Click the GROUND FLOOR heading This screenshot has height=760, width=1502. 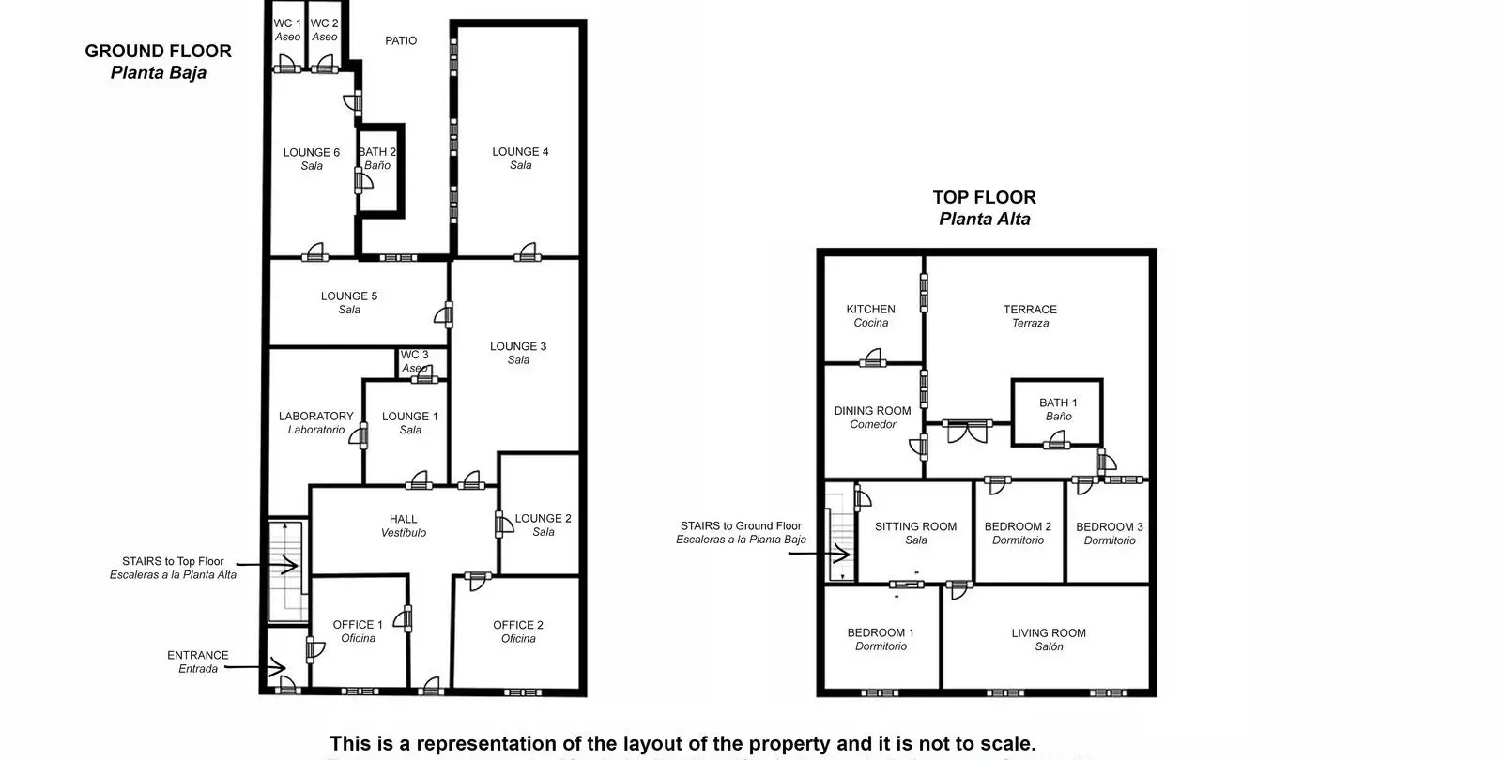[x=159, y=52]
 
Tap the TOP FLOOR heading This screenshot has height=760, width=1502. [x=985, y=198]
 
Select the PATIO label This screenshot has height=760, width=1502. [x=401, y=41]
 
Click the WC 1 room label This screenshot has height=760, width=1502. [x=287, y=23]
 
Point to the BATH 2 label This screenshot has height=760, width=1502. [x=377, y=152]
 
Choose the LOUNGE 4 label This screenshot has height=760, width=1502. [x=520, y=152]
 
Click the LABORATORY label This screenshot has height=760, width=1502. [x=315, y=417]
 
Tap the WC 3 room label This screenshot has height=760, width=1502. [x=414, y=355]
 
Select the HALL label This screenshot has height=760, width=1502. [x=403, y=520]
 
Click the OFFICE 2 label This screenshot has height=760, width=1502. [x=518, y=625]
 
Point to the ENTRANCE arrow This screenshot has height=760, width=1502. [x=255, y=667]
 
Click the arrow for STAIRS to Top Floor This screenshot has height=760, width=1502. [x=267, y=565]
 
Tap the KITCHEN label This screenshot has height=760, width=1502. [x=870, y=310]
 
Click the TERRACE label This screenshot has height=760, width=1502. [x=1030, y=310]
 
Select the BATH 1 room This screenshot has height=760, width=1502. [x=1057, y=412]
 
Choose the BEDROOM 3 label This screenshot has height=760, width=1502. [x=1110, y=527]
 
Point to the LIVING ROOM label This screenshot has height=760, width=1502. [x=1049, y=633]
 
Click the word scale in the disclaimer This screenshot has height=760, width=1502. [x=1008, y=744]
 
